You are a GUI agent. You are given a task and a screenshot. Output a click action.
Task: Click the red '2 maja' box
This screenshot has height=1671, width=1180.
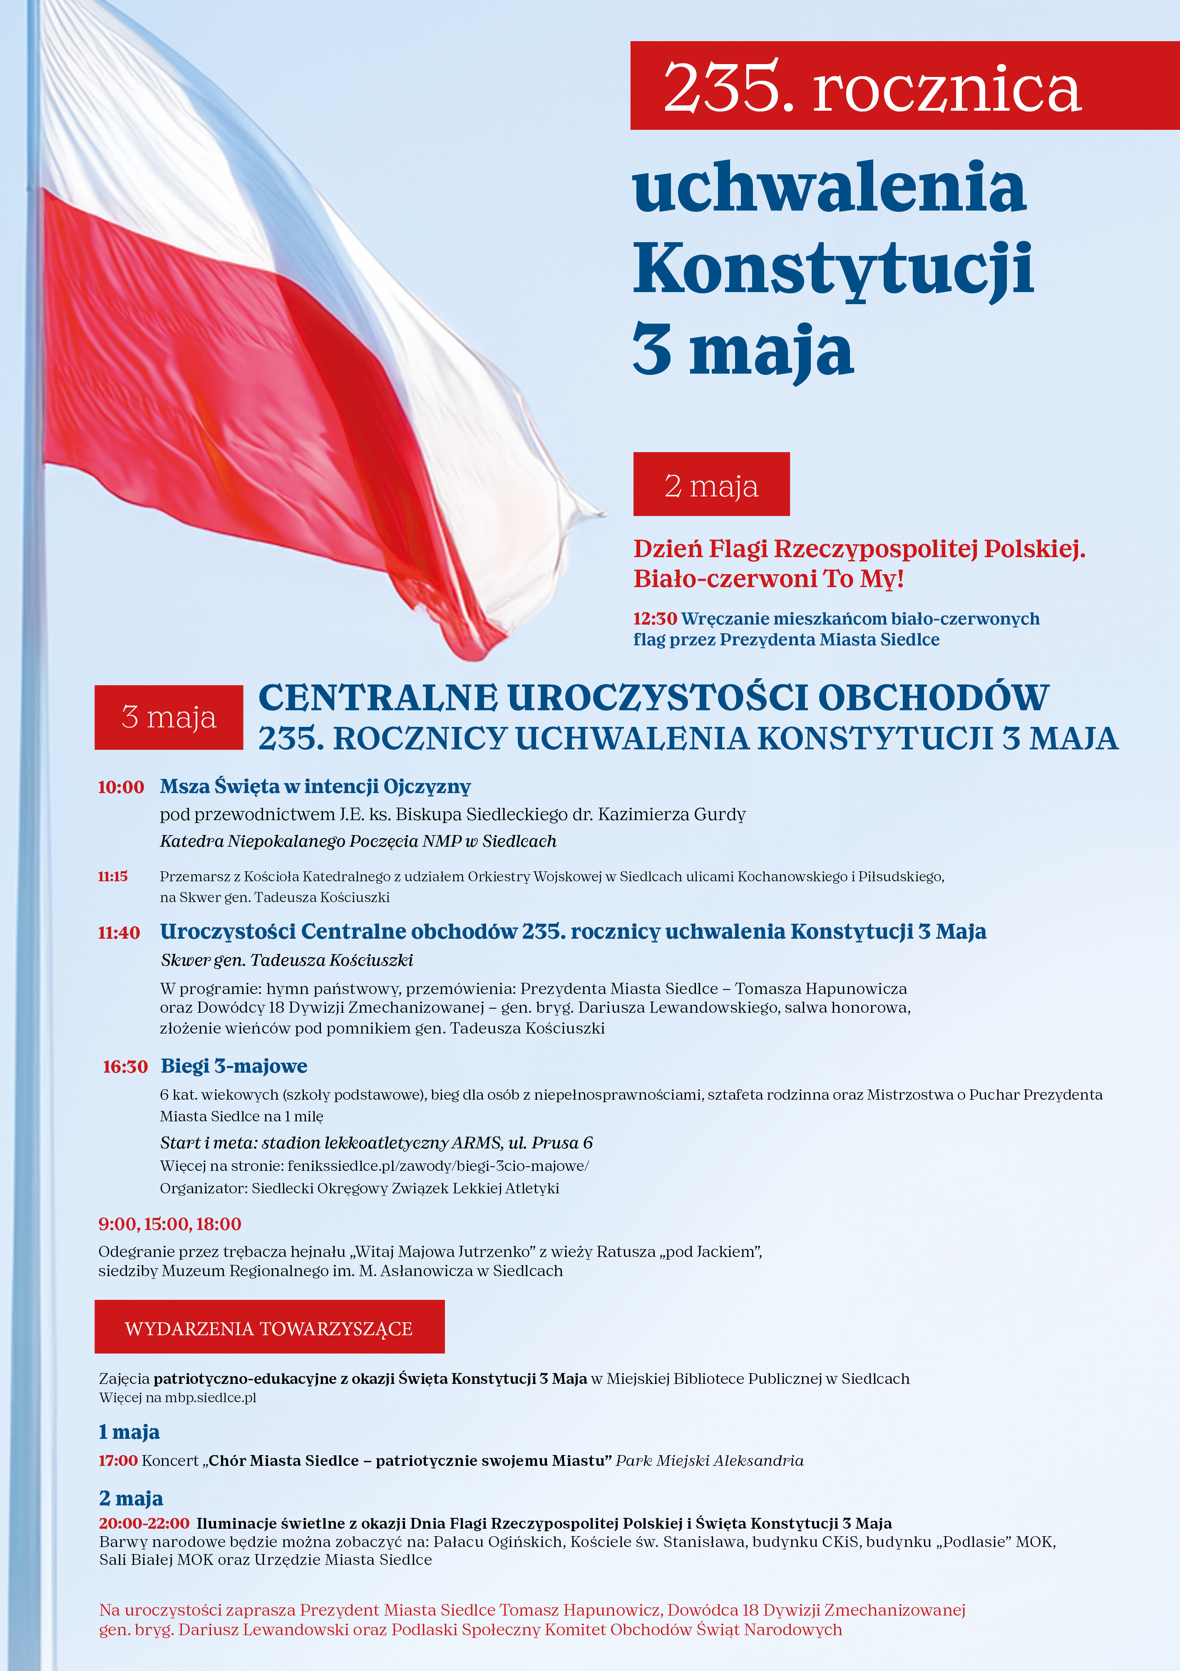point(711,485)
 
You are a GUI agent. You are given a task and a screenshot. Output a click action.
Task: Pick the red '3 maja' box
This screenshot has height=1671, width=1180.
point(169,718)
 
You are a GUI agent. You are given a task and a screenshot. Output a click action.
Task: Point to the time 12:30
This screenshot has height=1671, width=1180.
point(654,619)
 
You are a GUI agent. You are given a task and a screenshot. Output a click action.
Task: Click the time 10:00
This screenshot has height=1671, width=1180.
point(121,787)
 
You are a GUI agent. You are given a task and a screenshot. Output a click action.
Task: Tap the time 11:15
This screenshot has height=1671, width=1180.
point(113,876)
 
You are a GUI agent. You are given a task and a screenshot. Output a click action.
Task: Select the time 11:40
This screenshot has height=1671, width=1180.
point(119,932)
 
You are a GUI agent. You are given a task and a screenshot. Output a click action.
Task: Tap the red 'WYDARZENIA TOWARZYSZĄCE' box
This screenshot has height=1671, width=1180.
point(269,1328)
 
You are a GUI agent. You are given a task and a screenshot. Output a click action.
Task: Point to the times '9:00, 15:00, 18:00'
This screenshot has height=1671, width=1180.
point(169,1224)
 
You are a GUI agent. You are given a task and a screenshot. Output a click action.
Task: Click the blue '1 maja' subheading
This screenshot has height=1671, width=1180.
point(129,1432)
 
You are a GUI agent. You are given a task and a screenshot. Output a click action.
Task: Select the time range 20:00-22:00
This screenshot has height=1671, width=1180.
point(144,1523)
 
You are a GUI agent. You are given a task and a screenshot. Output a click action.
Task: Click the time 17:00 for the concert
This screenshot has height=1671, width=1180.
point(118,1461)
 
